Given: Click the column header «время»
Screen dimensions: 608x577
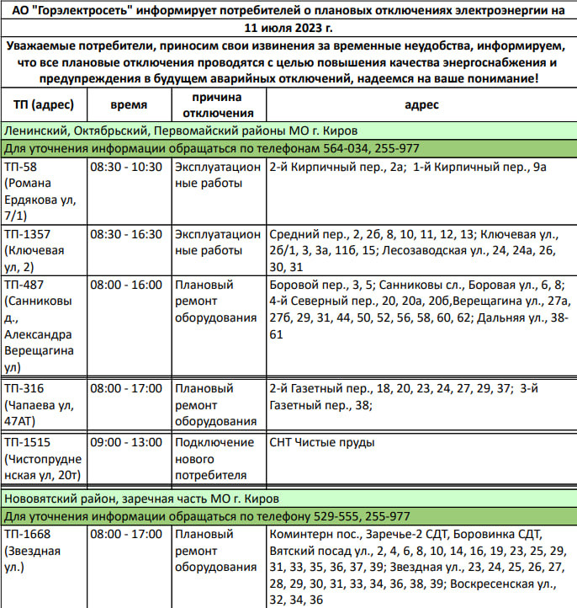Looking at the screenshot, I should (129, 105).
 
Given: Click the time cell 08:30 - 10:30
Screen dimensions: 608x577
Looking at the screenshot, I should (126, 167).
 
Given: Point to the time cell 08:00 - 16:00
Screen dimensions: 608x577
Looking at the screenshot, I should (126, 285).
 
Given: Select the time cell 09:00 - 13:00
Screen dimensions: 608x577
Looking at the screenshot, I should (126, 442).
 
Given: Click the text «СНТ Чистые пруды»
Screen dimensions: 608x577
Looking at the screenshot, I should (322, 442).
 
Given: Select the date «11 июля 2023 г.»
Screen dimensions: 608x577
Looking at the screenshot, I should (288, 26).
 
